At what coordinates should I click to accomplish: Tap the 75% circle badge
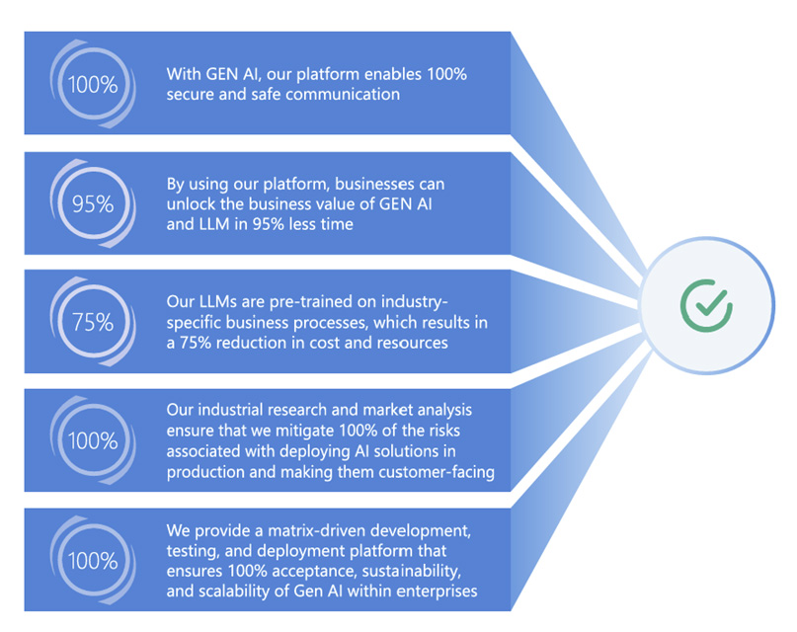click(93, 322)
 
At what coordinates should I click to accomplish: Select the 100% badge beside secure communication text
click(93, 84)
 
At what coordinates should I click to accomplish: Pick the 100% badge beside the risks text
click(93, 440)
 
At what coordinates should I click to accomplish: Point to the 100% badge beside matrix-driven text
click(93, 560)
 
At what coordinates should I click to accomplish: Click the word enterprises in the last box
click(434, 591)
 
